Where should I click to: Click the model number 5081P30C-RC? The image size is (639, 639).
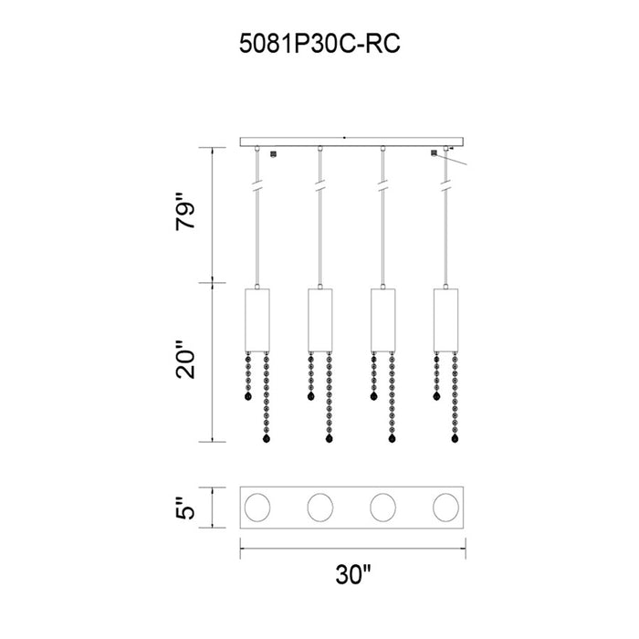pos(319,43)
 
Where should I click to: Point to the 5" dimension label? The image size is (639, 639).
pos(186,508)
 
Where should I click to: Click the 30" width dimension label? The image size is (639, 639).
pos(353,574)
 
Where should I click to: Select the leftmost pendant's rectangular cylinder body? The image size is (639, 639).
pos(257,320)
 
